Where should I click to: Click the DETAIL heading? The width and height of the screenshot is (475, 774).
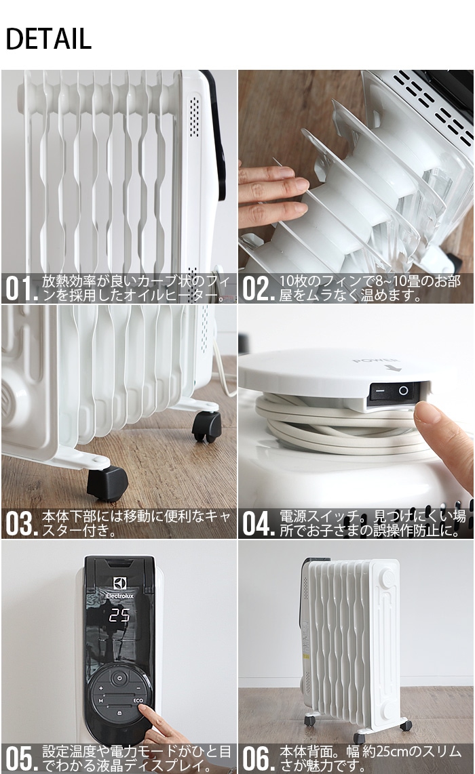pos(48,39)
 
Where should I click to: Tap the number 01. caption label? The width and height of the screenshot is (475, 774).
pos(21,288)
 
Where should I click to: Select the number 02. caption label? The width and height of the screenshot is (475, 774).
pos(258,288)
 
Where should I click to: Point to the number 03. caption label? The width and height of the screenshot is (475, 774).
pos(21,524)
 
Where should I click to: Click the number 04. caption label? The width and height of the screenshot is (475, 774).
pos(259,524)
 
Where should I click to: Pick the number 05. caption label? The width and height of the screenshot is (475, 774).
pos(21,759)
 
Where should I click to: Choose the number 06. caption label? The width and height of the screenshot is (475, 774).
pos(259,759)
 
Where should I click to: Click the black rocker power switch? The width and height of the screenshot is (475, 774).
pos(393,392)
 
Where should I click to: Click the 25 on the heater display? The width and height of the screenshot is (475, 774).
pos(119,615)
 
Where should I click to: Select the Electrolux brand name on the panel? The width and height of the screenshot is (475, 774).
pos(119,595)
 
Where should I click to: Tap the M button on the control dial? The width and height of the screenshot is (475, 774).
pos(100,699)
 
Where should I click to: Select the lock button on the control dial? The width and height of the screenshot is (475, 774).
pos(119,713)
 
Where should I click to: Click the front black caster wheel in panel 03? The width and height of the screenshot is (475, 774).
pos(107,483)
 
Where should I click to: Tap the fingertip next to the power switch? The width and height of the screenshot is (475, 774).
pos(427,413)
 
